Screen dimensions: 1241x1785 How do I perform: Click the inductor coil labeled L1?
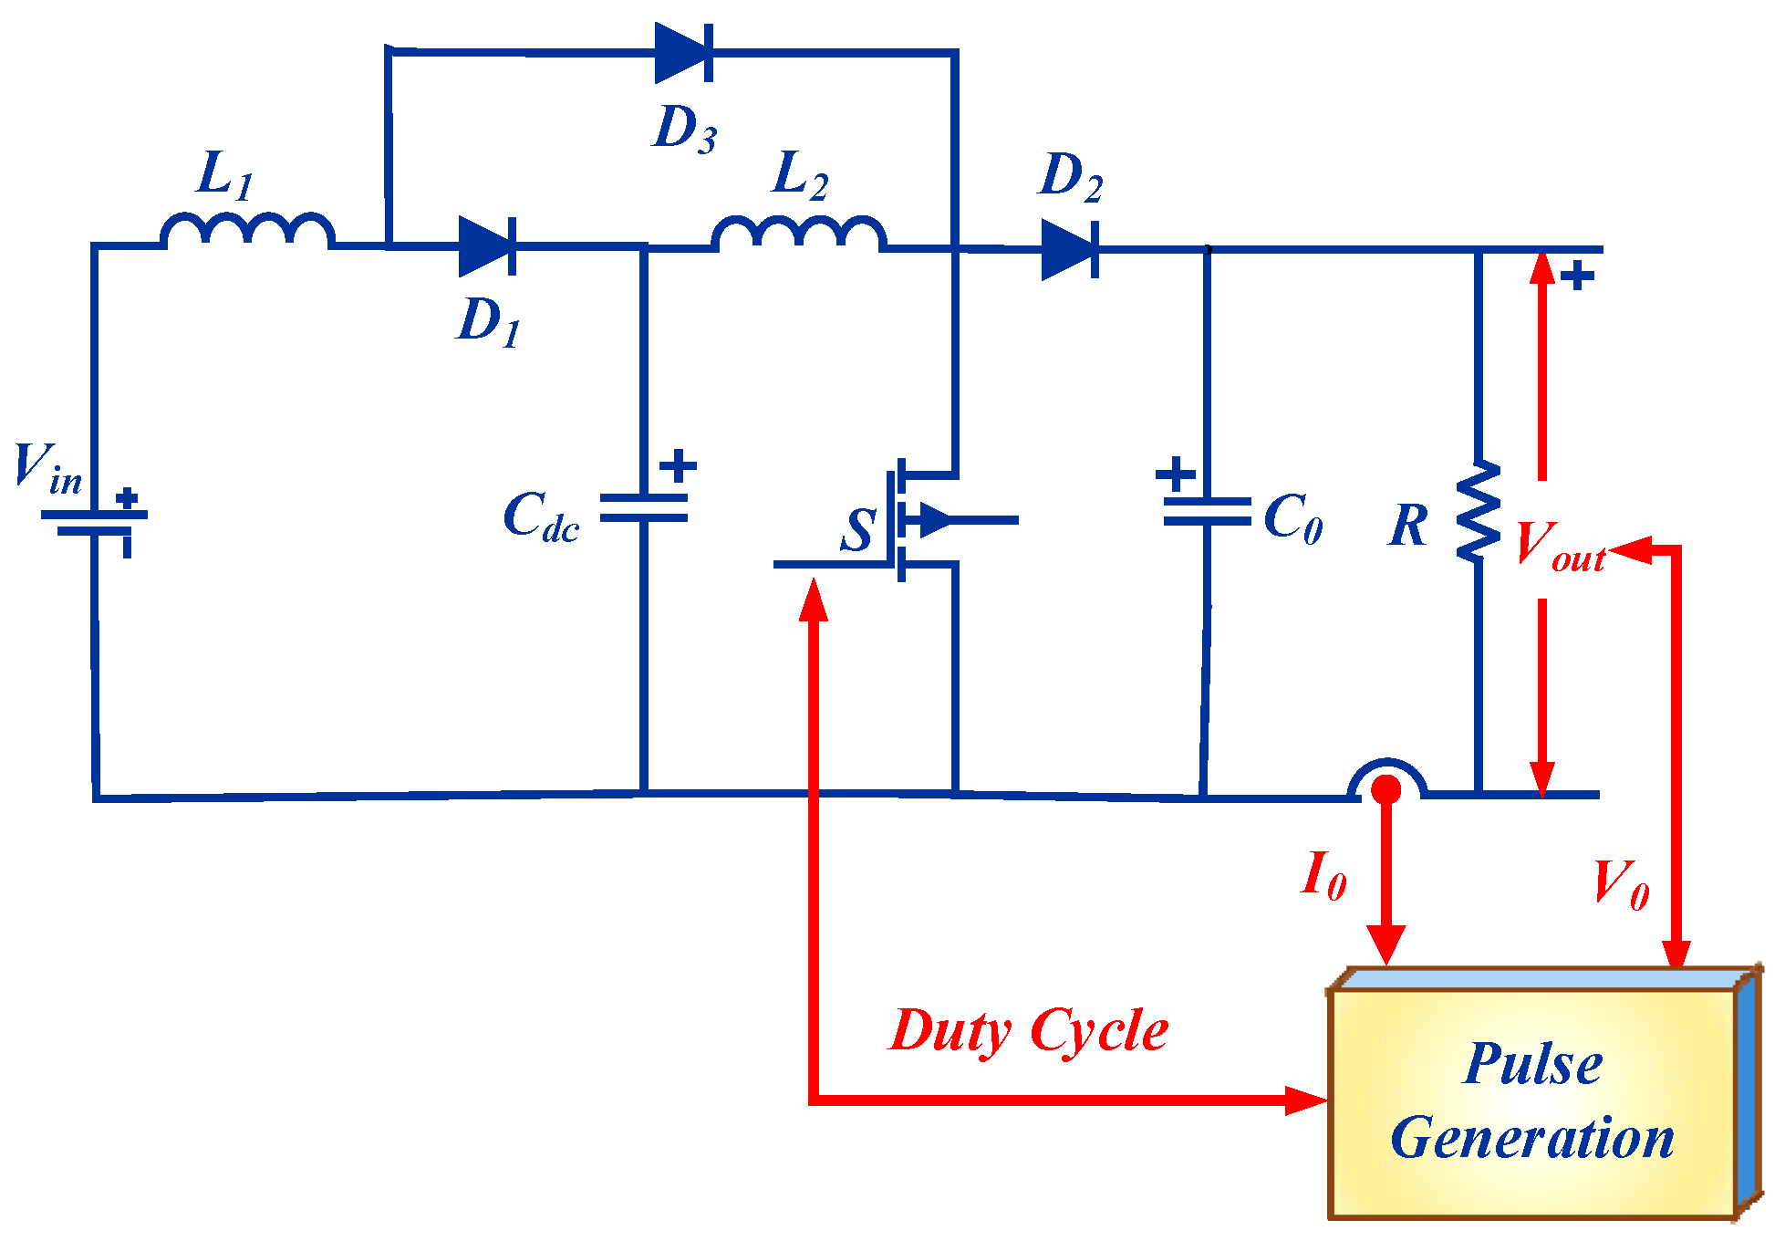(247, 231)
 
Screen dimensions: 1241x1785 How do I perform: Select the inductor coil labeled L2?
(798, 234)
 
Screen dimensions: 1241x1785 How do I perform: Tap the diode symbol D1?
(487, 246)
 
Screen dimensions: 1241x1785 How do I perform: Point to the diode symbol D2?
(1070, 249)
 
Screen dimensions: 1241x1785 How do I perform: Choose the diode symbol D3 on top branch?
(683, 53)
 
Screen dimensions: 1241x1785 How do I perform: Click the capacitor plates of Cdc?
(644, 508)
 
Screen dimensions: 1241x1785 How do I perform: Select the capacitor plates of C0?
(1207, 512)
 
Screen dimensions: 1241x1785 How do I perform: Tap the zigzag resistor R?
(1479, 511)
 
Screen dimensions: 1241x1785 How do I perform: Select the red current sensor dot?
(1386, 789)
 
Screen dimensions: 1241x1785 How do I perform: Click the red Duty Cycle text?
(1028, 1032)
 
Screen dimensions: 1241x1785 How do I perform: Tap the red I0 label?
(1323, 876)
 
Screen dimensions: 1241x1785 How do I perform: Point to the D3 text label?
(685, 128)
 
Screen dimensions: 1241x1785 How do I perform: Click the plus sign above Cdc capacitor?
(678, 465)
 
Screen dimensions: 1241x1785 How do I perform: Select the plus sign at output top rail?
(1577, 276)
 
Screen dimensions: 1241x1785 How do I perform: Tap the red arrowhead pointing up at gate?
(813, 600)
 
